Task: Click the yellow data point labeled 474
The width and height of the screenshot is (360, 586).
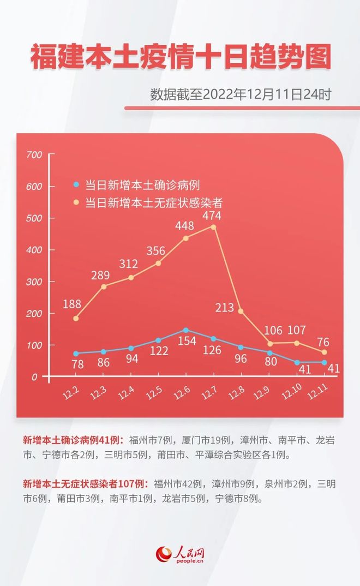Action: point(213,227)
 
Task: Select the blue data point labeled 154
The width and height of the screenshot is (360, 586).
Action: point(185,330)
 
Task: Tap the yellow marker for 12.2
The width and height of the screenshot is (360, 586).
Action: point(76,319)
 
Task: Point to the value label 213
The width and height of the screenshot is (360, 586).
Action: point(224,308)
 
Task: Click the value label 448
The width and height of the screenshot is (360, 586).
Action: point(184,225)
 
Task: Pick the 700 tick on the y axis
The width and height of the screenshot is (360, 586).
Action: point(34,155)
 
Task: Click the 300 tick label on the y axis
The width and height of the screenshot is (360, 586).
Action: point(34,282)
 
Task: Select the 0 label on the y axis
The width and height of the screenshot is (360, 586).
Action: point(34,377)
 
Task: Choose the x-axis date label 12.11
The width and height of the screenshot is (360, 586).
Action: point(318,392)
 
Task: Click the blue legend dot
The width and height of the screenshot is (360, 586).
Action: point(76,184)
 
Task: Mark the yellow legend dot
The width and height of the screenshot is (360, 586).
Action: point(76,202)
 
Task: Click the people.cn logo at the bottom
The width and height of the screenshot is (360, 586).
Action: point(180,554)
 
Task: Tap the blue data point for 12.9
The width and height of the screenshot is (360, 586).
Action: point(269,352)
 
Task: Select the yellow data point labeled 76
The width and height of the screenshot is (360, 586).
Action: point(324,352)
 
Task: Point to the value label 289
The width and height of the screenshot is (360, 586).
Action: point(100,275)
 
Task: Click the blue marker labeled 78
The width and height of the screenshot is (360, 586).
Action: point(76,354)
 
